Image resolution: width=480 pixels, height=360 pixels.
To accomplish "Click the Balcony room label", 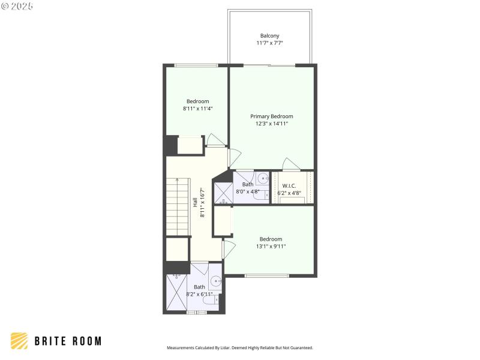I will (x=269, y=36).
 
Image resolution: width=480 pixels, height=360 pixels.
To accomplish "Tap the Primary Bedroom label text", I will (x=272, y=116).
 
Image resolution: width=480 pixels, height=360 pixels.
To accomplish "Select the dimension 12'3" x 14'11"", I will (x=272, y=124).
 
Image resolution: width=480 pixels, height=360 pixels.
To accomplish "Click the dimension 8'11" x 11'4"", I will (x=197, y=109).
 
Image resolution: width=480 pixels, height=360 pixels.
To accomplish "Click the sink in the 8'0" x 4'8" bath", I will (x=263, y=178).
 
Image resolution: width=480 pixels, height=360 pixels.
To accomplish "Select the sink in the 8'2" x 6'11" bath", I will (x=215, y=281).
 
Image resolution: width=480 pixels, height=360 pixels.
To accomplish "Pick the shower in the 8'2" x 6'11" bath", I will (x=177, y=293).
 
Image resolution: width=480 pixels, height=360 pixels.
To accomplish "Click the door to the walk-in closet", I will (x=292, y=164).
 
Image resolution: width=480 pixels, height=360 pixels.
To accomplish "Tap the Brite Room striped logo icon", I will (x=19, y=341).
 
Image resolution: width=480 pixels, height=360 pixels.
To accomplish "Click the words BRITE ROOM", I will (x=67, y=341).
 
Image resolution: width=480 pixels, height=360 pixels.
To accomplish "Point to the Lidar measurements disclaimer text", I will (x=239, y=348).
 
